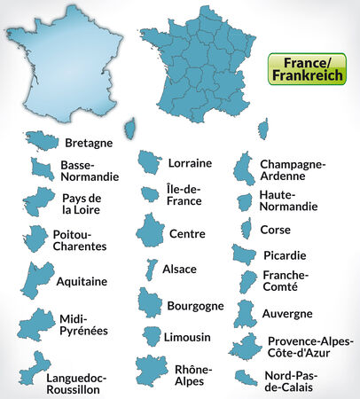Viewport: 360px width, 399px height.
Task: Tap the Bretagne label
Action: click(89, 142)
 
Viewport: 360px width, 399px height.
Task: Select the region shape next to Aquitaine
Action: click(38, 280)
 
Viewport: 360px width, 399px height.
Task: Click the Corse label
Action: click(275, 229)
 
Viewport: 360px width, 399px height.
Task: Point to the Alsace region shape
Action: click(152, 270)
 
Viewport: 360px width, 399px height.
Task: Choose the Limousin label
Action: click(187, 337)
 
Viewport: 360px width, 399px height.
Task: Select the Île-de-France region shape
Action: click(150, 193)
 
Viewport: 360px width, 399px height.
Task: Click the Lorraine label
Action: click(189, 163)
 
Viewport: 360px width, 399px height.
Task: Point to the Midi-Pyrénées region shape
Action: click(36, 325)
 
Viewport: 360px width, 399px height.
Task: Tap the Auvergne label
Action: click(287, 313)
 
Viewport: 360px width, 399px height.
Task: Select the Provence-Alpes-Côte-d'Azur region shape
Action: click(245, 346)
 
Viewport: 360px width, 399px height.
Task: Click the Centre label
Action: click(187, 234)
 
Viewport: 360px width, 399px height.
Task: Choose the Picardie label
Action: click(285, 255)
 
